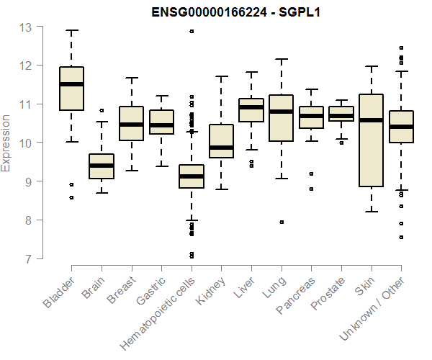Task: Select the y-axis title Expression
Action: pos(7,143)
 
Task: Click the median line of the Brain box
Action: pos(102,166)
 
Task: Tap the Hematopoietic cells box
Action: pos(192,176)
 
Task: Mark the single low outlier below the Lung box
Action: pos(282,222)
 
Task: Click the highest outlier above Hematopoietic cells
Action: pos(192,31)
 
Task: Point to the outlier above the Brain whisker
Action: pos(102,111)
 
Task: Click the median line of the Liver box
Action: pos(251,107)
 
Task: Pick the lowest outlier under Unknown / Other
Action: pos(401,237)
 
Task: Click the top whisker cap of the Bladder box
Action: pos(71,30)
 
